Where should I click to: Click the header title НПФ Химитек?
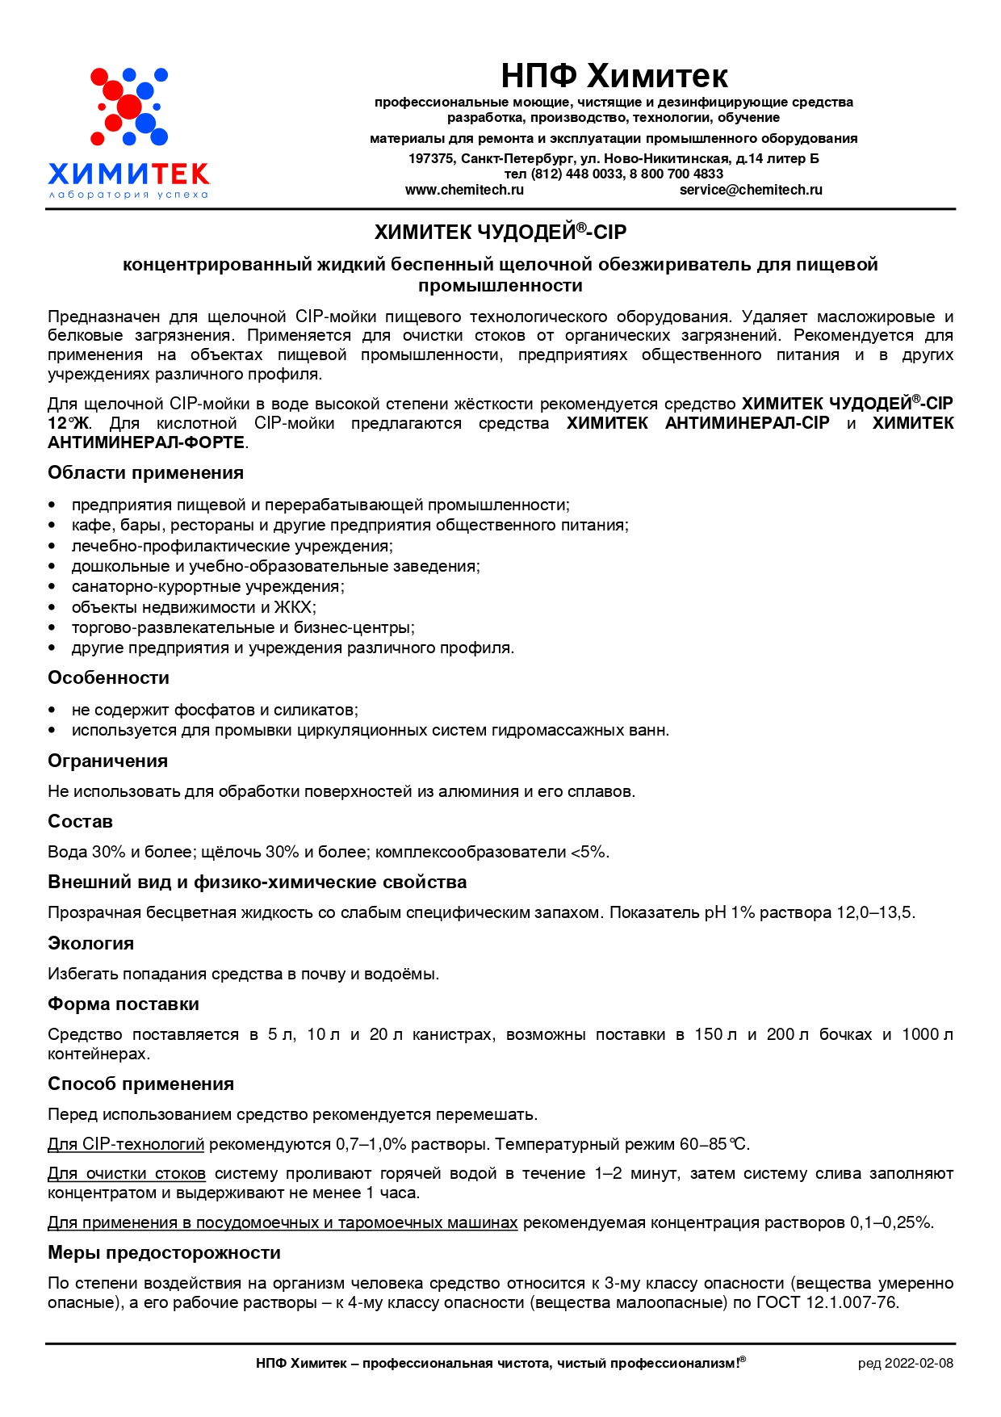click(x=614, y=76)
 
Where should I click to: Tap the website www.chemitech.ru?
click(x=464, y=190)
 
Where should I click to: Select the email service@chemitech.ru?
click(x=751, y=190)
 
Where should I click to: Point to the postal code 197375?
click(x=431, y=158)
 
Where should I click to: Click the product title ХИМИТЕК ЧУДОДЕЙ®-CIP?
click(x=500, y=233)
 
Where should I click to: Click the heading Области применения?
click(x=145, y=473)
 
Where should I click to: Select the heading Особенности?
click(x=108, y=678)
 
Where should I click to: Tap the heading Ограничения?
click(x=107, y=761)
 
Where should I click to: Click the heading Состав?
click(x=80, y=822)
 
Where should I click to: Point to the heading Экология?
click(x=90, y=944)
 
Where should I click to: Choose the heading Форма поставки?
click(x=123, y=1004)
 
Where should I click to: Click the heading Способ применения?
click(x=140, y=1084)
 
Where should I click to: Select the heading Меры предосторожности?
click(x=164, y=1253)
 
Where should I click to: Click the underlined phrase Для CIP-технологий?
click(x=126, y=1145)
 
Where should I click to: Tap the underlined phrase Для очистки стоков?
click(x=127, y=1174)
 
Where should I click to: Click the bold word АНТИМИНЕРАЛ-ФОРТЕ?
click(x=146, y=443)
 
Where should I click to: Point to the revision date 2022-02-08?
click(x=919, y=1364)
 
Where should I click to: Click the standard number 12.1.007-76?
click(x=852, y=1303)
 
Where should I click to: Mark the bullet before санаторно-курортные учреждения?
click(x=52, y=587)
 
